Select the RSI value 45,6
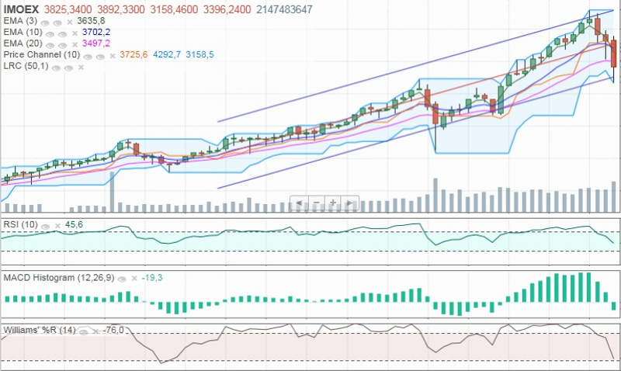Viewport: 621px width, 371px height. click(x=75, y=224)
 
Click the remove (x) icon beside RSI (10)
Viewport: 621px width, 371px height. click(x=57, y=225)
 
